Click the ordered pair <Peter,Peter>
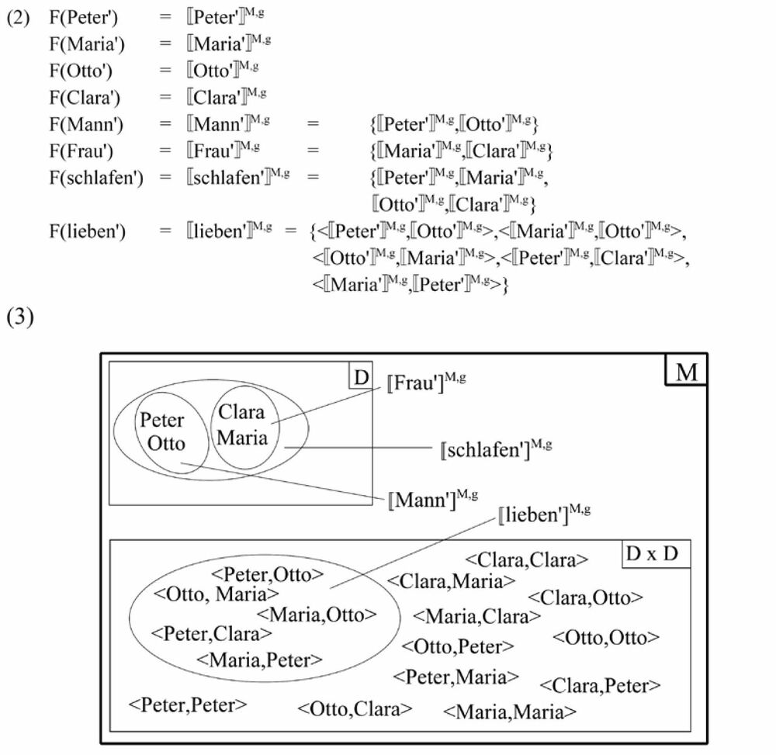tap(188, 705)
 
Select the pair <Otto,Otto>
tap(606, 637)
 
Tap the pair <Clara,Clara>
tap(526, 559)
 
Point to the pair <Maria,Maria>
tap(510, 711)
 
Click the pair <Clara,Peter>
tap(600, 685)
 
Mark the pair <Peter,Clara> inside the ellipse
tap(212, 633)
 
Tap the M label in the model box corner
tap(686, 372)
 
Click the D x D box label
tap(656, 556)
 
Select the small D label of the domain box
tap(360, 378)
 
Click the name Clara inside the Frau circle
tap(241, 411)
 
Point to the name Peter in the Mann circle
tap(161, 421)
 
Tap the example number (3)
tap(21, 319)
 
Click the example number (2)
tap(19, 18)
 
